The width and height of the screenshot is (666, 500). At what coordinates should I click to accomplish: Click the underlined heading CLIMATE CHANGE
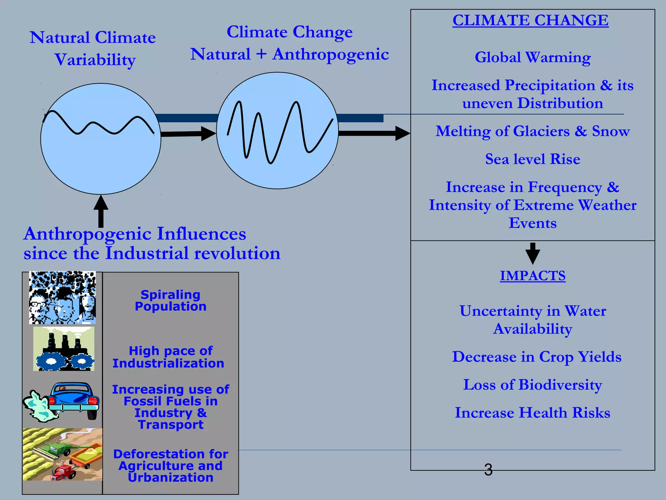click(530, 20)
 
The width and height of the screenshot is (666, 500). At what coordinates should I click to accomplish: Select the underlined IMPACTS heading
click(533, 276)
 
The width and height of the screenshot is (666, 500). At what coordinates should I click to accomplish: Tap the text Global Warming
click(533, 57)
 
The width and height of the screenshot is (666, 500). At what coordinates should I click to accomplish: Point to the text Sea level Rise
click(533, 159)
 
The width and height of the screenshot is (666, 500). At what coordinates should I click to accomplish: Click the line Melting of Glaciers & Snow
click(533, 131)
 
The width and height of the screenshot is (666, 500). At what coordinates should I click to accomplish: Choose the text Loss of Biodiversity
click(533, 385)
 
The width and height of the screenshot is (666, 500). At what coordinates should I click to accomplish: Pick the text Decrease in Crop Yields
click(537, 357)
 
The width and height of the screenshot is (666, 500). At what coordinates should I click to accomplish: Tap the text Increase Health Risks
click(533, 413)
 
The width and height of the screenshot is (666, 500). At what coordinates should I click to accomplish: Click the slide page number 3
click(488, 470)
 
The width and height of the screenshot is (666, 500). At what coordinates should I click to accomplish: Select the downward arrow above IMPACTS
click(533, 253)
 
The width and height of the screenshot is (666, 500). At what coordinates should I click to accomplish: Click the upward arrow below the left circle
click(101, 211)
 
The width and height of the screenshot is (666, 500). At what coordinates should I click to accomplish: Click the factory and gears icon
click(64, 349)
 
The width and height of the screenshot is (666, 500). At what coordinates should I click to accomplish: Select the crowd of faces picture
click(62, 298)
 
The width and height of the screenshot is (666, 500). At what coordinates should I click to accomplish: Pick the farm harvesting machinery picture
click(62, 454)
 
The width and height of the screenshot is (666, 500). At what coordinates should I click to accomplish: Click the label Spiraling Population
click(171, 300)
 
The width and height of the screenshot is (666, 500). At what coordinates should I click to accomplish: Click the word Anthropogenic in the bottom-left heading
click(88, 234)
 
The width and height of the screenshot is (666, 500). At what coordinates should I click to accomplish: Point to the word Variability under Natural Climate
click(95, 60)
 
